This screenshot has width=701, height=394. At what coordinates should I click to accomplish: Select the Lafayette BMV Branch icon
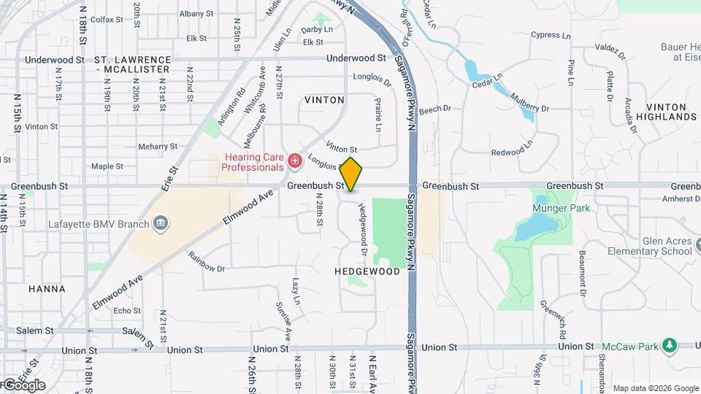coord(160,224)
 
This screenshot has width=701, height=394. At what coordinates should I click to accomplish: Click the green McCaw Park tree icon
coord(688,345)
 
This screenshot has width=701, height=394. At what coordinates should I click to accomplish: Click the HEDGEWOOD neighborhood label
coord(367,271)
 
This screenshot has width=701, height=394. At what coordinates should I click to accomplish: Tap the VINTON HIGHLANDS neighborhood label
coord(666,112)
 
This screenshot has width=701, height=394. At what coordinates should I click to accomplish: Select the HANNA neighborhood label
coord(47,289)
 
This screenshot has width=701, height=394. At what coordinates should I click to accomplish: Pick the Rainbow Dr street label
coord(206,262)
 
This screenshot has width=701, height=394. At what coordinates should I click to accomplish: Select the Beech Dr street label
coord(435,109)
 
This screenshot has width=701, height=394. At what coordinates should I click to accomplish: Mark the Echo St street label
coord(127,311)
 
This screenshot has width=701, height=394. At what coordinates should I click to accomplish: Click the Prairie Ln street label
coord(378,115)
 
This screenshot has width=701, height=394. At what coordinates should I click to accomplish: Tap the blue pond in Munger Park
coord(529,228)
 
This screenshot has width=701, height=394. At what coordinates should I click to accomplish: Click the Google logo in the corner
coord(23,385)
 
